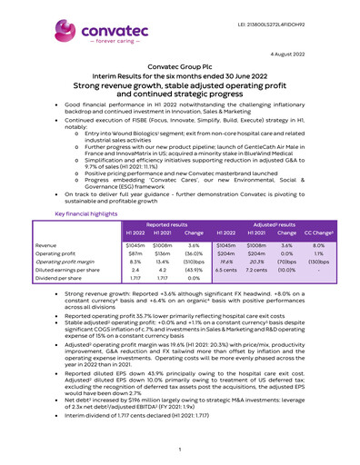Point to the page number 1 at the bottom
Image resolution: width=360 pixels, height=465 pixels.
tap(180, 448)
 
